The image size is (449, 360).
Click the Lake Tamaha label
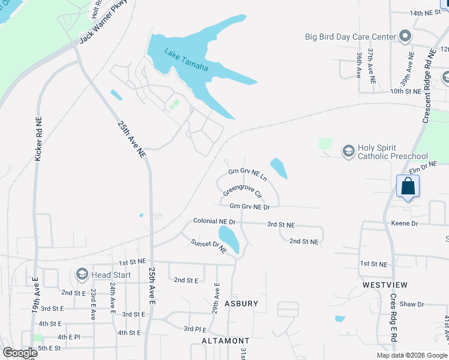point(187,60)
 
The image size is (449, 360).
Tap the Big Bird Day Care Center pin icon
point(405,37)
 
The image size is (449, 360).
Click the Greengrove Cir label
point(243,191)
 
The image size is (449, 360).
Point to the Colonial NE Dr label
point(214,221)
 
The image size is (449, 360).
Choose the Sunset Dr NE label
point(208,245)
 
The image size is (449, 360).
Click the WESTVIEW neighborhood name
point(384,284)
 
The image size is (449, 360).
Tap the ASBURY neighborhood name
point(241,304)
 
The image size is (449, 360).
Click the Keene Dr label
point(404,223)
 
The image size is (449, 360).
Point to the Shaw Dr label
point(412,304)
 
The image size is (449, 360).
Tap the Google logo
point(19,353)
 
